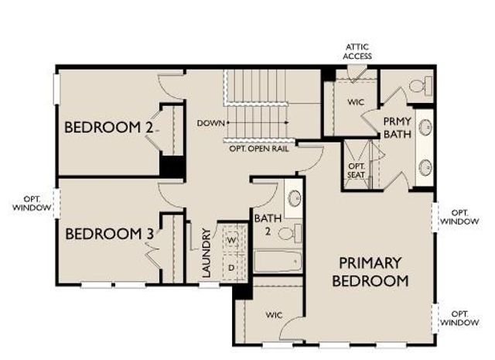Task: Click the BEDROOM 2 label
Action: coord(109,127)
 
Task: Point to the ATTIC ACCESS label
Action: coord(357,51)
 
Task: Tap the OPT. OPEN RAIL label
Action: coord(259,148)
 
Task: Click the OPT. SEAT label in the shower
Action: coord(356,170)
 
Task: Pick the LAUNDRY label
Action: coord(207,252)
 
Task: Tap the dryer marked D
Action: coord(231,267)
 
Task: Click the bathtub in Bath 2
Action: coord(278,262)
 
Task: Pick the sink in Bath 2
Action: coord(295,198)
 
